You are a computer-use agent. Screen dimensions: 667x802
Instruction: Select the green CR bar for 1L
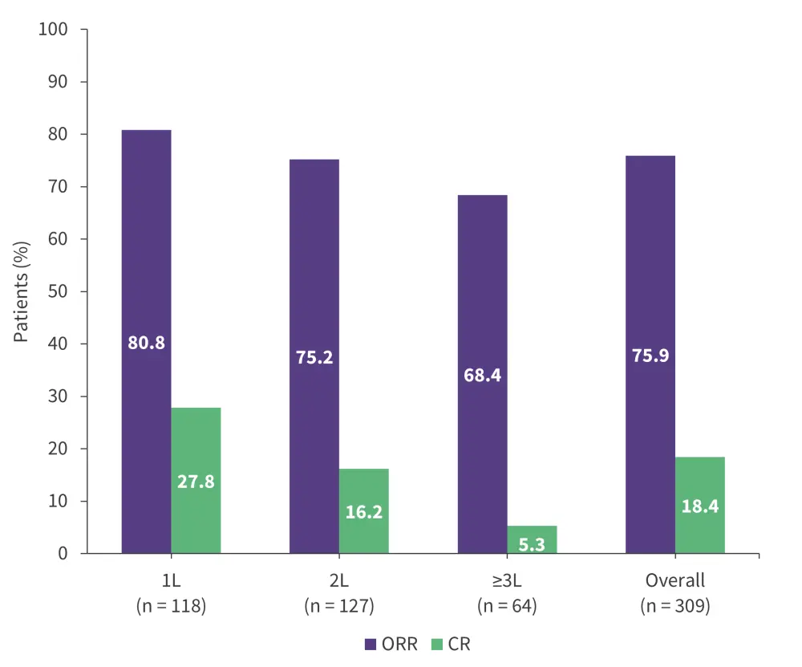(196, 449)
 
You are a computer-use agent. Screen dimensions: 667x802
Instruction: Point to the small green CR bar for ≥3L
(532, 534)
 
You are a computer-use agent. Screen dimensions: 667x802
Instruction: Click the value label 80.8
(146, 343)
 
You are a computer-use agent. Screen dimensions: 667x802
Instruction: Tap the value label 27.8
(196, 483)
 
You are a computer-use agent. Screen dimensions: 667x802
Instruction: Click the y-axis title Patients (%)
(22, 291)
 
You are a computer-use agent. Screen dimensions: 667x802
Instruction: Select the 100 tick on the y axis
(54, 30)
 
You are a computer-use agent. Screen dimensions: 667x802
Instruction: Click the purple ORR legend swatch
(371, 643)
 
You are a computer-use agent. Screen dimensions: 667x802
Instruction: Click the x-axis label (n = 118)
(172, 606)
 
